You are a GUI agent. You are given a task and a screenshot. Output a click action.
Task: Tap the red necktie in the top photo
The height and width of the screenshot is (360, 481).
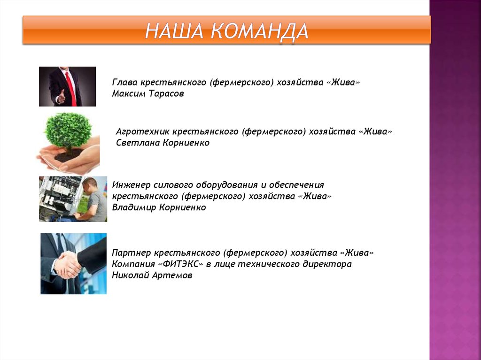point(70,89)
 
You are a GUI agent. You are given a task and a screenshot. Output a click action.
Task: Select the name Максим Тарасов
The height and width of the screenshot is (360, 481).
point(147,93)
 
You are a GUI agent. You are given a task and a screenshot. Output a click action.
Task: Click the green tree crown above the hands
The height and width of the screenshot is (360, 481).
point(68,130)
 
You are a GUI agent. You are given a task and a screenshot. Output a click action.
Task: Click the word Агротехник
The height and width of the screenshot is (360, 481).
point(142,132)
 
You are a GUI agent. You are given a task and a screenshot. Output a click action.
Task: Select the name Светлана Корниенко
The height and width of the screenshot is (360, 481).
point(163,143)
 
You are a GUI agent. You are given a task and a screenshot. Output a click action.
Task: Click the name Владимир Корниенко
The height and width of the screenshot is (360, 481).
point(159,207)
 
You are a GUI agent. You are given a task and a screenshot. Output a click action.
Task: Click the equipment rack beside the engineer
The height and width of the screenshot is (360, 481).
point(59,197)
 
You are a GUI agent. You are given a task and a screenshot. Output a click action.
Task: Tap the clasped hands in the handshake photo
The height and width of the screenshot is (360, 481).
point(67,264)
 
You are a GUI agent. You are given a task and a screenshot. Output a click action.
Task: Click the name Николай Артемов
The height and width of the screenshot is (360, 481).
point(152,276)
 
